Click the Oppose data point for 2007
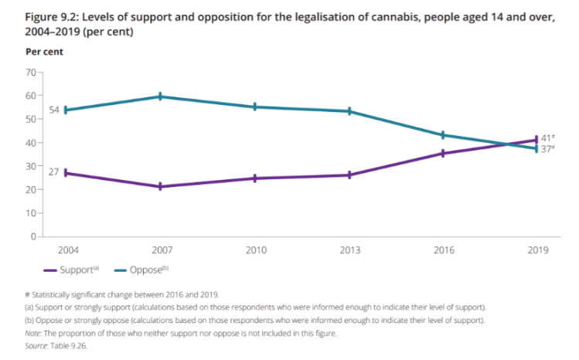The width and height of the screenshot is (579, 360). [x=160, y=97]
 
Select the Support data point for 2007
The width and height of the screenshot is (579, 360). [x=160, y=186]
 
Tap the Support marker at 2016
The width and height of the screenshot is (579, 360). [x=443, y=153]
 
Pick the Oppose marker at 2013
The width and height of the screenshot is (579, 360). [x=349, y=111]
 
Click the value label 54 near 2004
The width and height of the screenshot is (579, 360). [x=53, y=110]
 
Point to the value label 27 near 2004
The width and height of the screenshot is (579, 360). [x=53, y=172]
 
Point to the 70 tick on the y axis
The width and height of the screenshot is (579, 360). [x=31, y=72]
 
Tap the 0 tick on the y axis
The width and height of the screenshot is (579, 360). [x=34, y=236]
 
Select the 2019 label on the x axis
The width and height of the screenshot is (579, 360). [x=537, y=250]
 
